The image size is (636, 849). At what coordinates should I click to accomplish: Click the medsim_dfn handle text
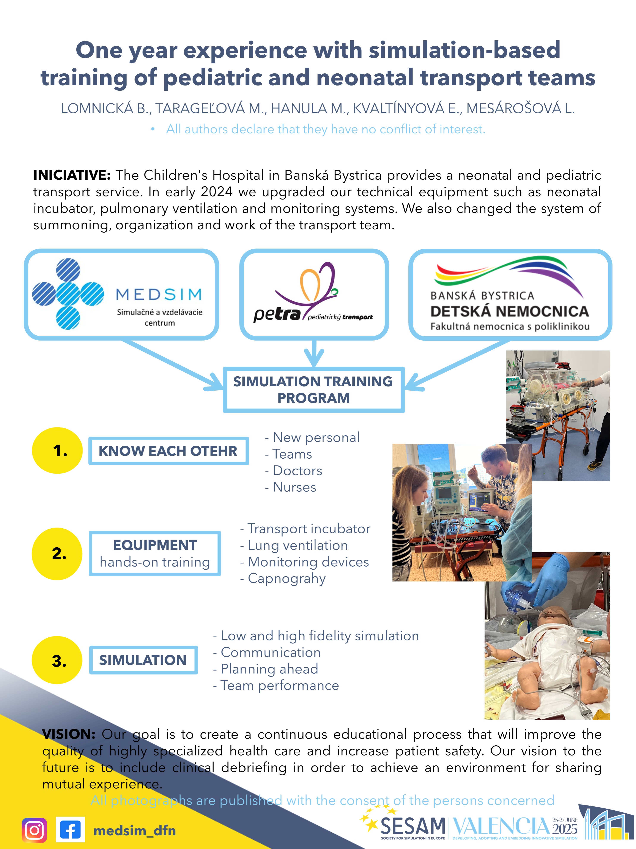point(134,831)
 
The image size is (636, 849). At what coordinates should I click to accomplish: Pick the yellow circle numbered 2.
point(57,553)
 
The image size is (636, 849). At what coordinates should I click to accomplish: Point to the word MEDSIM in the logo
point(159,295)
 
